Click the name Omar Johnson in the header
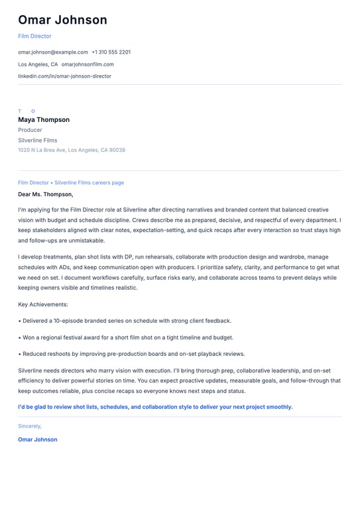62,20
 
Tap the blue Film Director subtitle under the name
34,36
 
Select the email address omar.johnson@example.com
53,52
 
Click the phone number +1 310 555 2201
111,52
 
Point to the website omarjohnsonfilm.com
88,64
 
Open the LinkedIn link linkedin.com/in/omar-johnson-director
64,76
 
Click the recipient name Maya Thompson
44,120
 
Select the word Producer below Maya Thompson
30,130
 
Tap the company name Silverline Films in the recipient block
38,141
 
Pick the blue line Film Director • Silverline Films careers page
71,183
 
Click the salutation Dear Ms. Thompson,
46,194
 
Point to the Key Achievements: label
43,304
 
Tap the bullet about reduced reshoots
131,354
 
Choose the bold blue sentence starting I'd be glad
155,407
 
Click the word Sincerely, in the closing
30,426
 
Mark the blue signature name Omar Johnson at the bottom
38,439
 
